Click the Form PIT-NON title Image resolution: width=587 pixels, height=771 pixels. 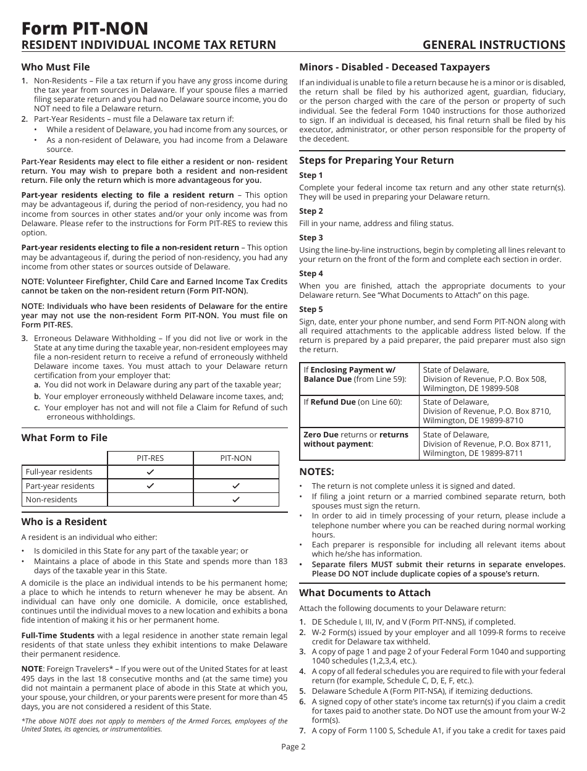(85, 28)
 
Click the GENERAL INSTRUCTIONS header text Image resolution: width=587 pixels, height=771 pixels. (494, 44)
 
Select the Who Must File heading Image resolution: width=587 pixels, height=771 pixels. (56, 67)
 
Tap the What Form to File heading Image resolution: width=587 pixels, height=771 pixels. (64, 437)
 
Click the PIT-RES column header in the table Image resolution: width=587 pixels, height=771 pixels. (150, 458)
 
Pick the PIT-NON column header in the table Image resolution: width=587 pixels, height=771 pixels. (236, 458)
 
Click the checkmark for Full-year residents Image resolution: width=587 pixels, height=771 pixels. (150, 472)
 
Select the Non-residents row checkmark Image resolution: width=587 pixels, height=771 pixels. (235, 499)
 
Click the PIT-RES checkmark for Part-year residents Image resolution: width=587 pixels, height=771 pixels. (150, 486)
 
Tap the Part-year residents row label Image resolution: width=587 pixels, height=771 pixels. (60, 486)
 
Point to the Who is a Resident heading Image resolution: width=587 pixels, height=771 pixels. (64, 521)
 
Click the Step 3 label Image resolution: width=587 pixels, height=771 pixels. (311, 238)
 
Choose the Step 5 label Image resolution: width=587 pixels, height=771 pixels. (311, 310)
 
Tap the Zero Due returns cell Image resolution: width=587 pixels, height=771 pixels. (359, 439)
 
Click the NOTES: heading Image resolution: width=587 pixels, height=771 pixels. (316, 472)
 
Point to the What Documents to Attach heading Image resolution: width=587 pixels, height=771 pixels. (365, 592)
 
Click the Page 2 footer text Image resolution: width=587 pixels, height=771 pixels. (293, 746)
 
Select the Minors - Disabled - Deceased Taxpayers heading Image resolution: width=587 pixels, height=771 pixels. (394, 67)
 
